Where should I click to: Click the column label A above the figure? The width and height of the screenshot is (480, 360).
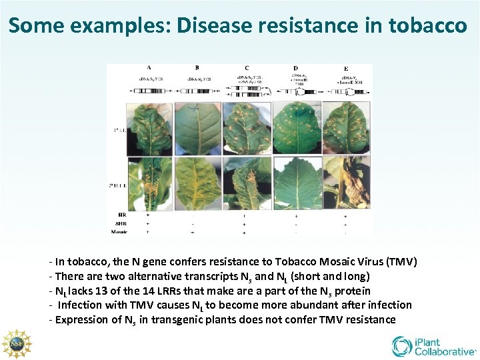pyautogui.click(x=148, y=67)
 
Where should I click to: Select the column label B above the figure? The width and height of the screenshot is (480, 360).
pyautogui.click(x=197, y=67)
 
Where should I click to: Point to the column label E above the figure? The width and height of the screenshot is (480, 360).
pyautogui.click(x=345, y=68)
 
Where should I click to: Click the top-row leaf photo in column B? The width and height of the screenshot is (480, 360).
pyautogui.click(x=198, y=128)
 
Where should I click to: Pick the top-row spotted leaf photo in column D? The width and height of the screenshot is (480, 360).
pyautogui.click(x=296, y=128)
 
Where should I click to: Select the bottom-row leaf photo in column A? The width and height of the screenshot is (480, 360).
pyautogui.click(x=149, y=183)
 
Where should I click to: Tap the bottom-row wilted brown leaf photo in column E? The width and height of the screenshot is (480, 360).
pyautogui.click(x=345, y=183)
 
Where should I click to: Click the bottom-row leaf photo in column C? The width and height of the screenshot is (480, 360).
pyautogui.click(x=247, y=183)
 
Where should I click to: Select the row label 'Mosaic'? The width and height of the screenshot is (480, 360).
pyautogui.click(x=119, y=231)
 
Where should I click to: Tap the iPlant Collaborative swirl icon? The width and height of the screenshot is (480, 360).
pyautogui.click(x=403, y=346)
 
